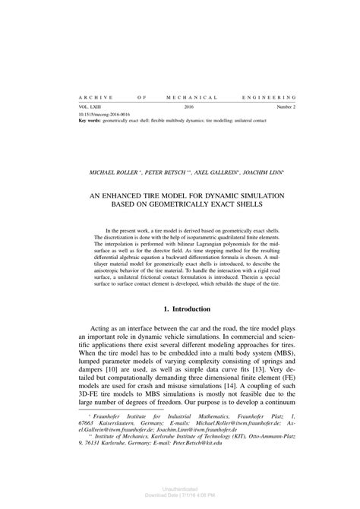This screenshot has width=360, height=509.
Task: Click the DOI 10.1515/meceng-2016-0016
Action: pyautogui.click(x=102, y=115)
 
